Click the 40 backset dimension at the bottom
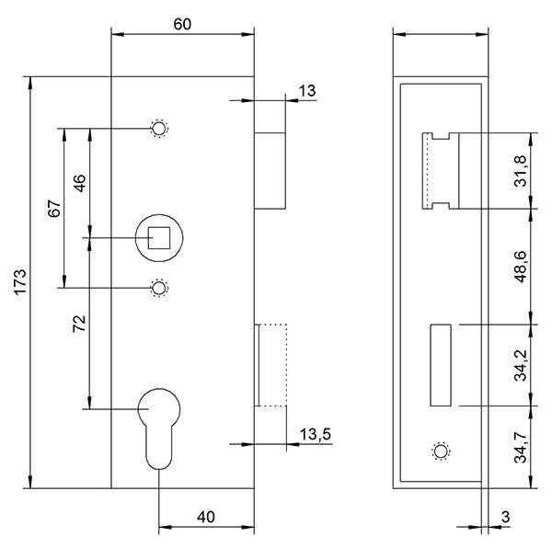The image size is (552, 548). (x=206, y=518)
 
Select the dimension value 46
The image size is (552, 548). (x=79, y=183)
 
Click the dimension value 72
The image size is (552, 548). (x=79, y=322)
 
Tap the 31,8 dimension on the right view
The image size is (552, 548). (x=521, y=171)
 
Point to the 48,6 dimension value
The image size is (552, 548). (x=521, y=267)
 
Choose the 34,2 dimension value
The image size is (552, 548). (x=521, y=364)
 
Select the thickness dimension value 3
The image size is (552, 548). (x=505, y=517)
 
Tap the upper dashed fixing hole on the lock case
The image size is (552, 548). (x=159, y=130)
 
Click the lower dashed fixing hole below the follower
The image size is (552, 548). (x=159, y=289)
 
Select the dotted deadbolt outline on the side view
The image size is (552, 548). (x=272, y=364)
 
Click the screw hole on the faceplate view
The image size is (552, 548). (x=440, y=451)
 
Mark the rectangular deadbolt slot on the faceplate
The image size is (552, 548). (x=440, y=364)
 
